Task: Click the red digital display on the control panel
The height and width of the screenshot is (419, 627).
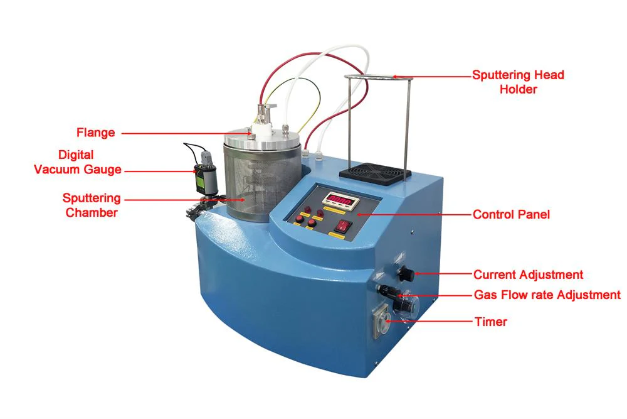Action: (337, 200)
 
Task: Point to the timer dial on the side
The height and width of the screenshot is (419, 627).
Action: (383, 320)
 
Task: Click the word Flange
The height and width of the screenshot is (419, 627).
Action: (95, 133)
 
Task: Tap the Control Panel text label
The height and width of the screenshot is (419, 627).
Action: (511, 214)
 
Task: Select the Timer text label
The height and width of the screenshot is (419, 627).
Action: (491, 322)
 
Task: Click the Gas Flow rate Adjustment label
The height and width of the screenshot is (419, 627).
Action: (547, 295)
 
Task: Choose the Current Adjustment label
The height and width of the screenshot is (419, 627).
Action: (528, 275)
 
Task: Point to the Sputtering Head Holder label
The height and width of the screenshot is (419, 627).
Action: (519, 82)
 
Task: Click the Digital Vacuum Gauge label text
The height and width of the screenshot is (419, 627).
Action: (78, 162)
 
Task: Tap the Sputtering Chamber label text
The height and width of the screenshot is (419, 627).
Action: (92, 205)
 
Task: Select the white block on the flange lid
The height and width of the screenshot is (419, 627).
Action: (263, 130)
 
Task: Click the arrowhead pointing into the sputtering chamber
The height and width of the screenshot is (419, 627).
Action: (242, 199)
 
